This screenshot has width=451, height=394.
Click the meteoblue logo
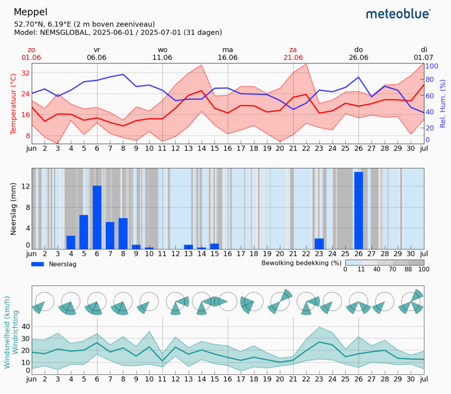398,14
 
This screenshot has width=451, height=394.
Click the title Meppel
31,12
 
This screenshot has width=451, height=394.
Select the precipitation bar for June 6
97,217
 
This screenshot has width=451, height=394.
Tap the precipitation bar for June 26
359,210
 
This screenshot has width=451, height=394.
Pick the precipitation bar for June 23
319,244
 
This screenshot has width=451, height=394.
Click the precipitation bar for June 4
71,242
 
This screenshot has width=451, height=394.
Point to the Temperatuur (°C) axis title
13,104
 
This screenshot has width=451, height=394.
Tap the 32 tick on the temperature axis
25,73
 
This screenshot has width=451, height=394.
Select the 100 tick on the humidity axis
432,66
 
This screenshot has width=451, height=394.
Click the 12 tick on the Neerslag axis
25,186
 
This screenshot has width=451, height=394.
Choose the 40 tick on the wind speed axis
25,326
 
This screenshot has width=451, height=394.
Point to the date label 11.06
163,58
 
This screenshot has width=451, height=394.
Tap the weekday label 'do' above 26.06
359,49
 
